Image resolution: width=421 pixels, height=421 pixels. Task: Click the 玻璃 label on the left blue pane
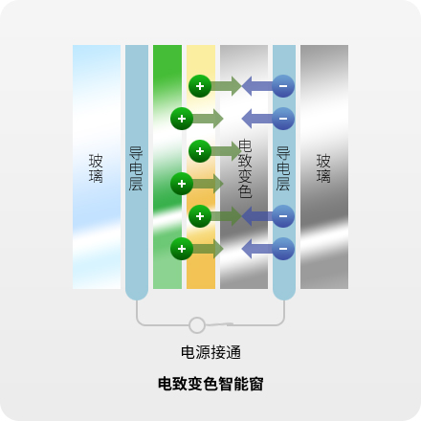pos(96,168)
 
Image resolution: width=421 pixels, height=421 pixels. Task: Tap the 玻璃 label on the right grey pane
pos(323,168)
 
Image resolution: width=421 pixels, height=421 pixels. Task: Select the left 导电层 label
pos(136,168)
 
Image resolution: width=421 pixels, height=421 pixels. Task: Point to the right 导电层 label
pos(283,168)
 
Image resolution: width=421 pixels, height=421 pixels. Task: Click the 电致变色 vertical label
pos(245,168)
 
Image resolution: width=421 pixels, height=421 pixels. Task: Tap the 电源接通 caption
pos(210,352)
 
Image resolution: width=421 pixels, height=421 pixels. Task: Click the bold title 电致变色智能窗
pos(210,384)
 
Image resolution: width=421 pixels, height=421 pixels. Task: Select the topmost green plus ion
pos(200,86)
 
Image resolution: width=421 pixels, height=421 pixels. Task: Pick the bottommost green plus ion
pos(182,249)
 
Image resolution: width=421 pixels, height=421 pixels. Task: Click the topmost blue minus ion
pos(283,86)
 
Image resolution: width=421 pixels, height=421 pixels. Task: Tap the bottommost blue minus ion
pos(283,249)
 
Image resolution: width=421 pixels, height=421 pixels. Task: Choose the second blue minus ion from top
pos(283,119)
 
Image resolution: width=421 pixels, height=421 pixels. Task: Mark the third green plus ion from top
pos(200,151)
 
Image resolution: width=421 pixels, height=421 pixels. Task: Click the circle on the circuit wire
pos(197,325)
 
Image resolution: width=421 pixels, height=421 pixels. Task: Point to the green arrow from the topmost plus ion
pos(226,86)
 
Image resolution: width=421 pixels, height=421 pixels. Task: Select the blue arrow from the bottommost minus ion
pos(257,249)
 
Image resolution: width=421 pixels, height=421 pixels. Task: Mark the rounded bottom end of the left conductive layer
pos(137,294)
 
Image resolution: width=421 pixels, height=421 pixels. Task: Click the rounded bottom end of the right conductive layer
pos(284,294)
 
